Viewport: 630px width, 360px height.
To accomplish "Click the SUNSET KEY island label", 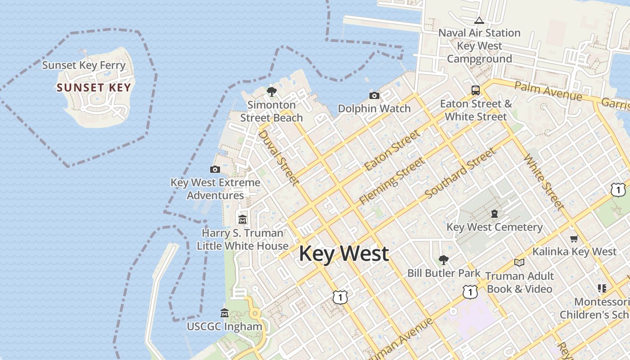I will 94,88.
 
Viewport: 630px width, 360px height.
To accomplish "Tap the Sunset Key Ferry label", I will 84,65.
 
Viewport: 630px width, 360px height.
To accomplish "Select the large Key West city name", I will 344,253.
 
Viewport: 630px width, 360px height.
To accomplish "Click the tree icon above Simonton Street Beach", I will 271,92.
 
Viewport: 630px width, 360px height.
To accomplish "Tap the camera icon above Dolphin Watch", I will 374,95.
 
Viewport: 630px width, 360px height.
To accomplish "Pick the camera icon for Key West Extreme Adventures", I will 215,170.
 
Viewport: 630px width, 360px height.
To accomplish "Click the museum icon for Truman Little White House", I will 243,220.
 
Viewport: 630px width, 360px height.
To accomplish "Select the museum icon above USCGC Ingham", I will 225,313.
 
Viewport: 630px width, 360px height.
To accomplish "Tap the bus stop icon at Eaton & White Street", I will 476,90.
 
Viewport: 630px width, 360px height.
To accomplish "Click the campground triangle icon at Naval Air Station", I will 479,20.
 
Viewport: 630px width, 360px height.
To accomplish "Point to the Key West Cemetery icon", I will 495,214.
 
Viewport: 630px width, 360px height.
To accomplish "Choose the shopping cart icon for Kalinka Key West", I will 574,238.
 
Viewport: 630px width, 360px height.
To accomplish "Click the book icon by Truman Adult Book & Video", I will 519,262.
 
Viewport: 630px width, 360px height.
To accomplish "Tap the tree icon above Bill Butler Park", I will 443,260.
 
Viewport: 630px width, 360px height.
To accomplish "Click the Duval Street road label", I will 278,157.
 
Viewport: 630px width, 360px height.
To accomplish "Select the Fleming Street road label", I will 391,181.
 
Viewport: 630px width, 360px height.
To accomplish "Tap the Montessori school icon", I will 602,288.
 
